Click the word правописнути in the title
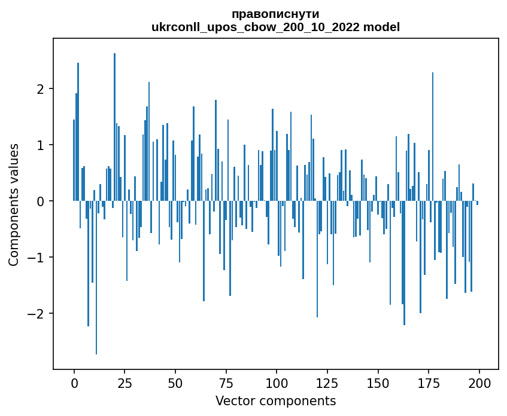(x=275, y=14)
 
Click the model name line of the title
(x=275, y=27)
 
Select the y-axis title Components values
(x=14, y=204)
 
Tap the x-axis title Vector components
(x=275, y=400)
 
